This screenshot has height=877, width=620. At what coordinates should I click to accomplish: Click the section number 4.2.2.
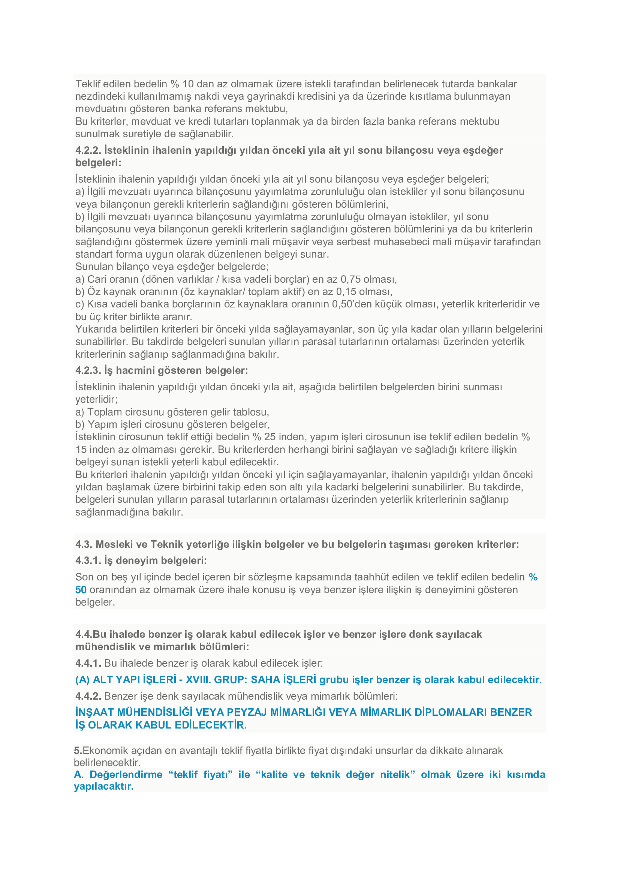pos(88,150)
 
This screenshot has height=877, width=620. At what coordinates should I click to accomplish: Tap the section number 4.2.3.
pos(88,370)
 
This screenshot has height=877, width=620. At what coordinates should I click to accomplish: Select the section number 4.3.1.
pos(88,560)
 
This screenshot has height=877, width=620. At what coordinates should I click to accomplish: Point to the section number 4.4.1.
pos(88,663)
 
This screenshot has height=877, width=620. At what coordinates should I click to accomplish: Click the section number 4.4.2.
pos(88,696)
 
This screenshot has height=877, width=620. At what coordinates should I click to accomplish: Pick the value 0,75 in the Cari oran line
pos(350,279)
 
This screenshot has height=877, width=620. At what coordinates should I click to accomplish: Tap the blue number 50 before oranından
pos(81,590)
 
